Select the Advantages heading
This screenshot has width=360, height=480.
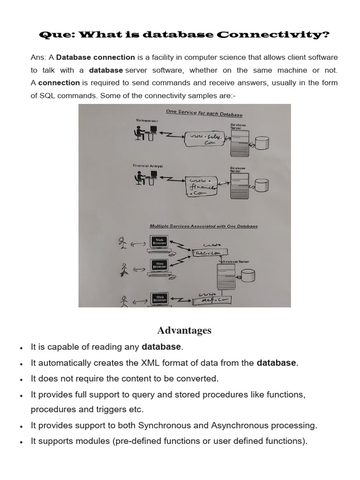coord(184,330)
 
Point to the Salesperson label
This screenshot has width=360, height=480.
coord(147,121)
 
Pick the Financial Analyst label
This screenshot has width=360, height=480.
coord(148,166)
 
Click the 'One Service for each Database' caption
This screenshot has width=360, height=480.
coord(204,113)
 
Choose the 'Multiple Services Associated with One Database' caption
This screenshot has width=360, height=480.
coord(203,226)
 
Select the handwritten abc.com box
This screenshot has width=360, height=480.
coord(207,253)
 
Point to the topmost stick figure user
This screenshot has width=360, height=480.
coord(123,243)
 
